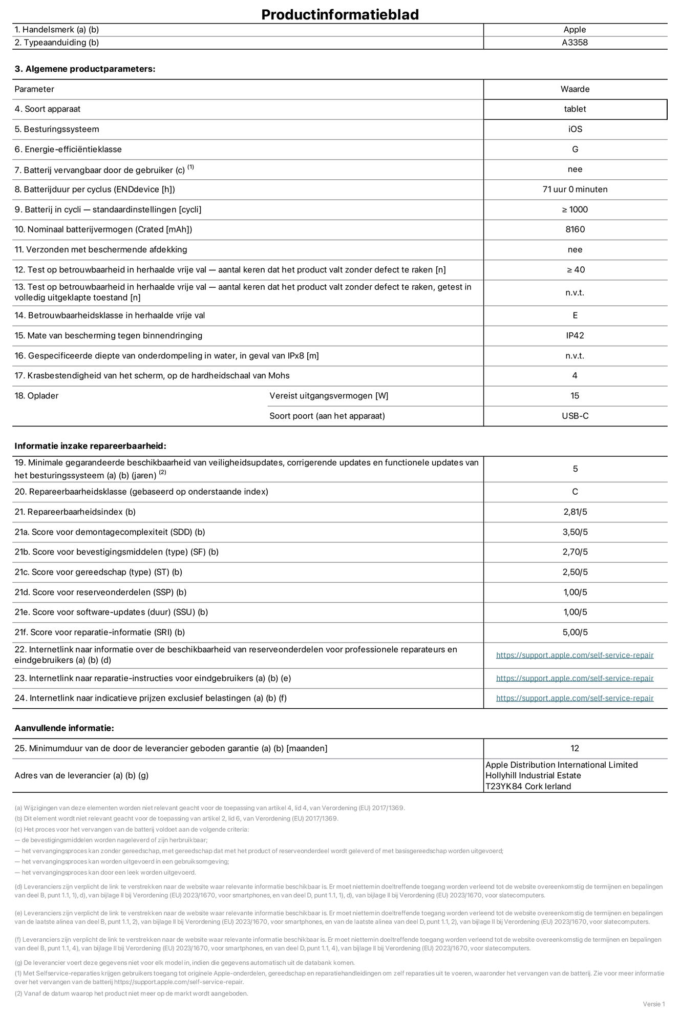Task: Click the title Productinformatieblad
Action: click(x=340, y=14)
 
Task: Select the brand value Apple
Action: click(x=575, y=30)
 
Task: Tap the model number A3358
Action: click(x=575, y=43)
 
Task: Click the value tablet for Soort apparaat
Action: click(x=575, y=109)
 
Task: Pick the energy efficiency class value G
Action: click(x=575, y=150)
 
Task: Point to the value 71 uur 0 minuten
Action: click(x=575, y=189)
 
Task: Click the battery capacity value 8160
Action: click(x=575, y=229)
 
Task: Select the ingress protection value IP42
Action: click(x=575, y=335)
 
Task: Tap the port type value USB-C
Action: click(x=575, y=416)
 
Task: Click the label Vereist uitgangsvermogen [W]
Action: click(x=329, y=396)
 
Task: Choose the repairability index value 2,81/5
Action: click(x=575, y=512)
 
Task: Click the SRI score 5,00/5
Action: click(x=575, y=632)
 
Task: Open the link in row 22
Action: click(x=575, y=655)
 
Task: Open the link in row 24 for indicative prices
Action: click(x=575, y=698)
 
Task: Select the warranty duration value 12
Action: click(x=575, y=748)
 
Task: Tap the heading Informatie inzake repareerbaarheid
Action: click(x=90, y=446)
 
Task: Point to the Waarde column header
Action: click(x=575, y=89)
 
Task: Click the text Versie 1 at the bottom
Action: click(x=653, y=1004)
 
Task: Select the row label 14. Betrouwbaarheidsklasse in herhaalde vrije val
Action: click(x=110, y=315)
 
